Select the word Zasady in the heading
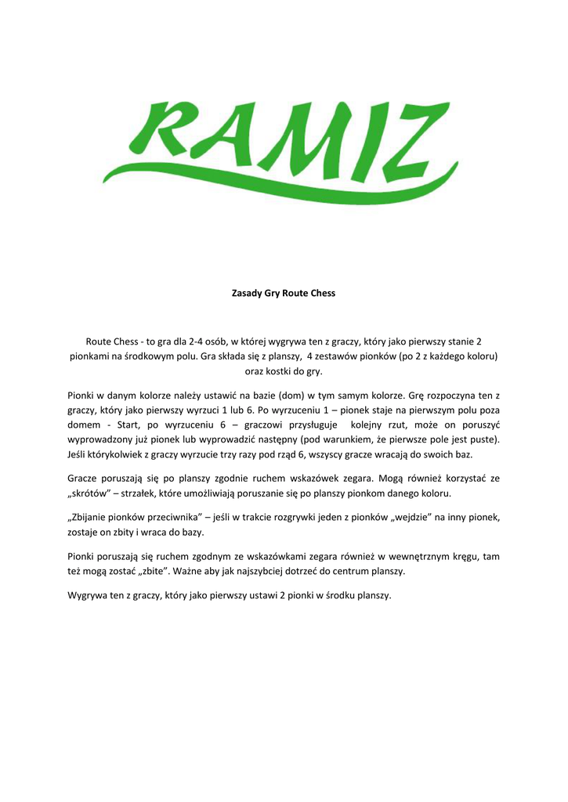click(x=247, y=293)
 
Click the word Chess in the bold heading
click(x=322, y=293)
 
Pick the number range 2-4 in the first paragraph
click(x=199, y=341)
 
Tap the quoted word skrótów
click(x=88, y=494)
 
